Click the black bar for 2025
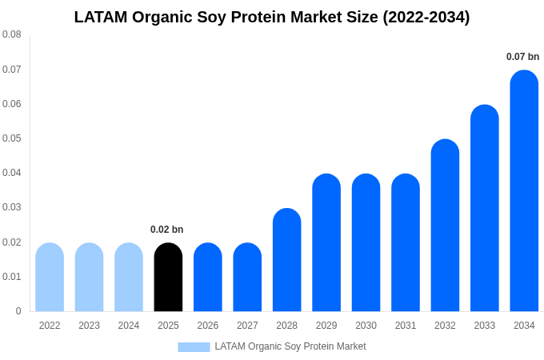tap(168, 277)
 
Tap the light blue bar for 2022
tap(50, 277)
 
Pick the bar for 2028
tap(286, 260)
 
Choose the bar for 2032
tap(445, 226)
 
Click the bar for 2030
tap(366, 242)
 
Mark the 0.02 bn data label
tap(166, 230)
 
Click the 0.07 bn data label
tap(522, 57)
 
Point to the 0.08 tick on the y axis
tap(12, 34)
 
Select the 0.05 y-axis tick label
tap(12, 138)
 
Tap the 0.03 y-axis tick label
tap(12, 207)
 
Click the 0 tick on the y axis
tap(18, 311)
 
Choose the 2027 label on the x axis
tap(247, 326)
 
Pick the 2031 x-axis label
tap(406, 326)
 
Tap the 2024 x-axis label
tap(129, 326)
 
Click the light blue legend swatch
tap(194, 346)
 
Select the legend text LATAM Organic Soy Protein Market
tap(290, 346)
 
